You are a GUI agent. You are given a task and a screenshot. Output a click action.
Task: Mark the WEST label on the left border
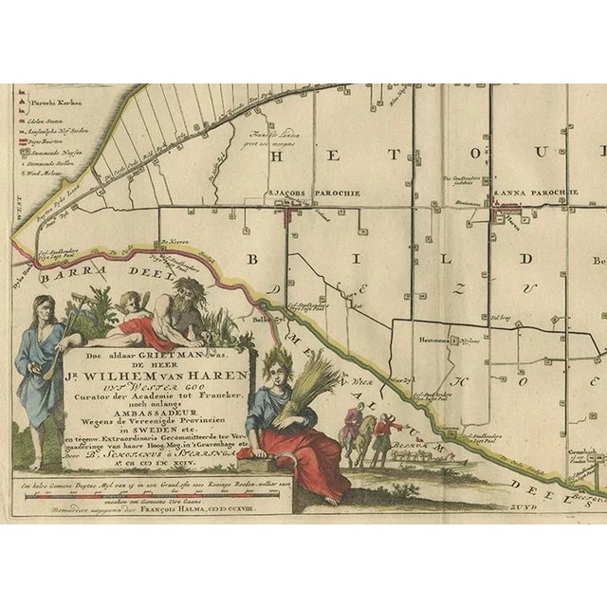tap(18, 209)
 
